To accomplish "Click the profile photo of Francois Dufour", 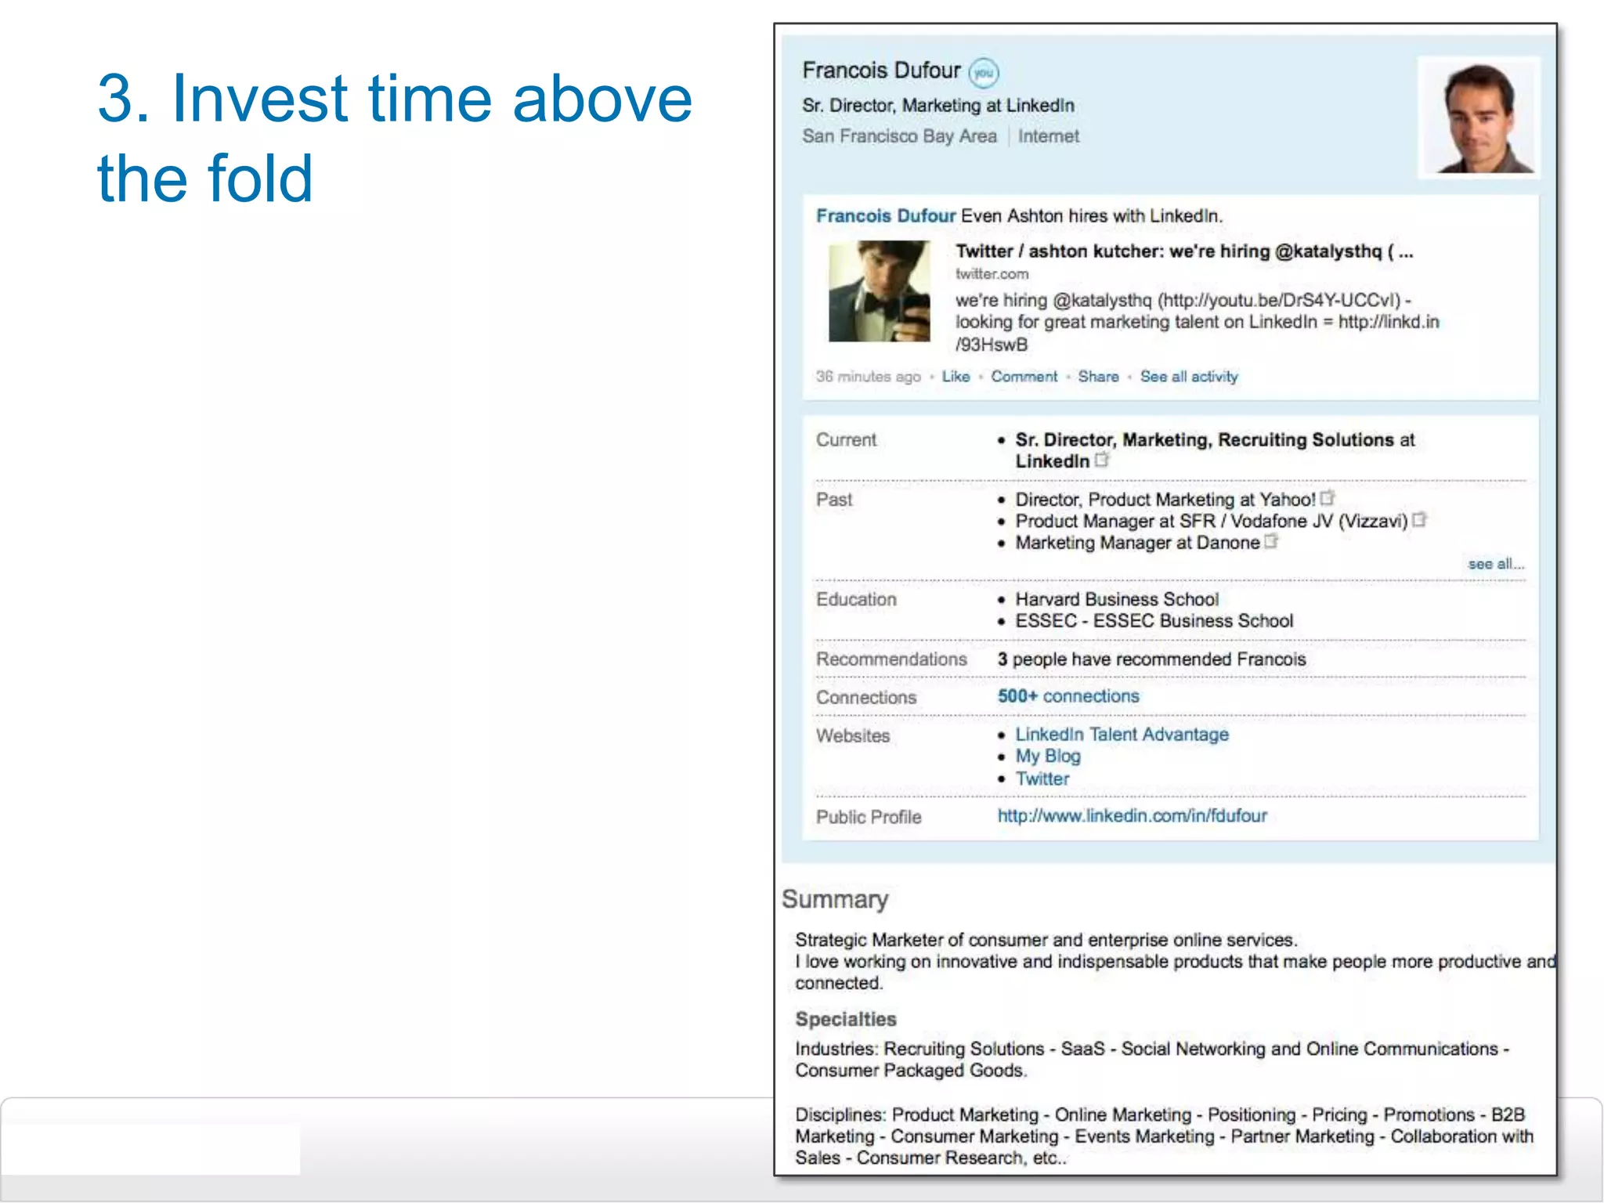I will click(x=1478, y=117).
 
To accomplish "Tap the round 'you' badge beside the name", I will click(x=984, y=73).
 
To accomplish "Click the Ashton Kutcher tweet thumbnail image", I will click(x=880, y=291).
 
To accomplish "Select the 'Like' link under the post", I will click(x=956, y=377).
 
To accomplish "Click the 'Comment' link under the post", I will click(x=1024, y=377).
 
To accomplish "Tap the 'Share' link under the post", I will click(x=1098, y=377).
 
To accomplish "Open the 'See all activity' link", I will click(x=1189, y=377).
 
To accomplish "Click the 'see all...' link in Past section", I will click(x=1495, y=564).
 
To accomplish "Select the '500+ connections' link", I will click(x=1068, y=696).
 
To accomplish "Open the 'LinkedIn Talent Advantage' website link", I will click(x=1122, y=735).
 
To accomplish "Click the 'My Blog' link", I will click(x=1048, y=757).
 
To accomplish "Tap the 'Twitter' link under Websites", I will click(x=1042, y=779).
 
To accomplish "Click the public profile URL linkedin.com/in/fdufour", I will click(x=1132, y=816).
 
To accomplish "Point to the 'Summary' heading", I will click(x=835, y=900).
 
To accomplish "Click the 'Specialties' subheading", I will click(x=846, y=1020).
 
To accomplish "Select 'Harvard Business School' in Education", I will click(x=1117, y=600).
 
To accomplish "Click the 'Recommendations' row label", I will click(x=891, y=659).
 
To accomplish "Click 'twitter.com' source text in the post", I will click(x=992, y=274).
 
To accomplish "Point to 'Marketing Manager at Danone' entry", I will click(x=1137, y=544).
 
